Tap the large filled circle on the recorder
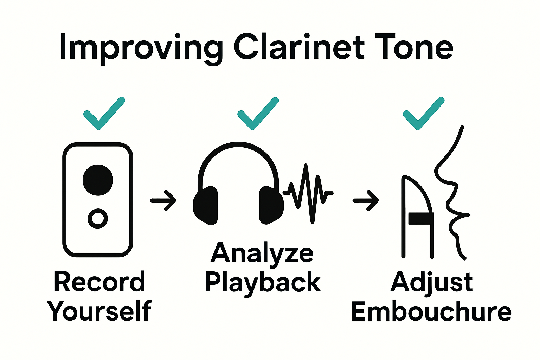click(x=98, y=180)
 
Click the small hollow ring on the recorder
click(x=98, y=219)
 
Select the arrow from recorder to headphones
click(x=163, y=200)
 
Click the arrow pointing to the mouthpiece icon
click(x=366, y=200)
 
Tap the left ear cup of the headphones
click(x=206, y=206)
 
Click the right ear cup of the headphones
click(x=271, y=206)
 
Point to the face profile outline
click(x=451, y=197)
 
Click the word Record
click(x=99, y=282)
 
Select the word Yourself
click(x=99, y=311)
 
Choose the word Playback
click(x=263, y=283)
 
